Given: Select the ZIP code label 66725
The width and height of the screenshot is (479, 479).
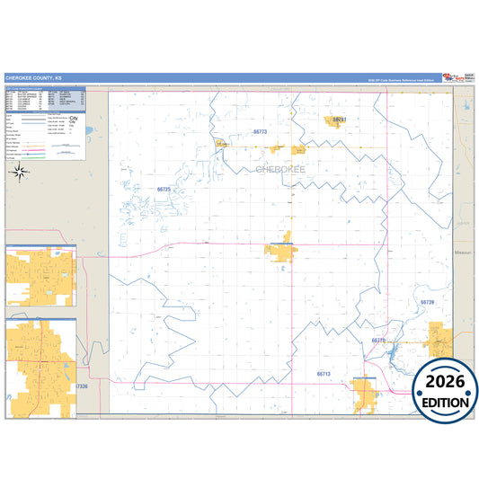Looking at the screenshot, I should coord(164,190).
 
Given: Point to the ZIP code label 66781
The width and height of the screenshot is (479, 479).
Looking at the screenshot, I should coord(339,118).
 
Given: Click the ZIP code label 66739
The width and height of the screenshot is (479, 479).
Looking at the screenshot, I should coord(428,303).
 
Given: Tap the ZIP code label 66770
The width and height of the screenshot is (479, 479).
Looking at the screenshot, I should coord(378,341).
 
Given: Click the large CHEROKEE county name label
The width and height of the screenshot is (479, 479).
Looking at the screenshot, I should coord(280,169).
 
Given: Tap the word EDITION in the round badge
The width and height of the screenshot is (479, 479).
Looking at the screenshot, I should coord(445,401).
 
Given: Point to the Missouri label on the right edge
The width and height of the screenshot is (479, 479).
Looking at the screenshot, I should coord(464,254).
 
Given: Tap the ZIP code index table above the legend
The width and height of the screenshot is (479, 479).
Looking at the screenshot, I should coord(45,98).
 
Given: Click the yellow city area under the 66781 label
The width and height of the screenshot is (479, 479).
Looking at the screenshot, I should coord(336,124).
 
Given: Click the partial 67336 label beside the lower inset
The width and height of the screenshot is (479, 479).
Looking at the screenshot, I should coord(83,386).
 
